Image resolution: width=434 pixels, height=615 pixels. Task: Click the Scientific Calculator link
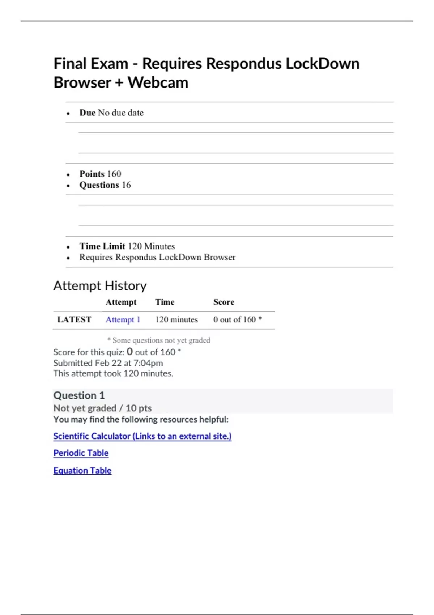[142, 436]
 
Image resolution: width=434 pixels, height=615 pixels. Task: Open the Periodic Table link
[81, 453]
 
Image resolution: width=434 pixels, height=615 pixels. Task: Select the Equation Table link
[82, 470]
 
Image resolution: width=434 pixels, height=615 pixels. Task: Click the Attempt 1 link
[123, 320]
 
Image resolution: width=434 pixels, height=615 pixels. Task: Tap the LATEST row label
[74, 320]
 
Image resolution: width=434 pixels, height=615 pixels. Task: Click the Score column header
[224, 302]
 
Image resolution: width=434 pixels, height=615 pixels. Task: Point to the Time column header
[165, 302]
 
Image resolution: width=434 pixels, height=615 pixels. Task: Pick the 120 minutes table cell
[176, 320]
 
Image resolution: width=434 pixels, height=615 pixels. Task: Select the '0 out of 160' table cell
[235, 320]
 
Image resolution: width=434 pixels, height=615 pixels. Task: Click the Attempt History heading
[100, 286]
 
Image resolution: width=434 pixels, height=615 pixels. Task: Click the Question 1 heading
[79, 395]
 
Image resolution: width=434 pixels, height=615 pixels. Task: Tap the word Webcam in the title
[158, 82]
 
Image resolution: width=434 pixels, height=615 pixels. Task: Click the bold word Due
[87, 113]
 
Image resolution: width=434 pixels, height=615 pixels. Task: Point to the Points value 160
[114, 174]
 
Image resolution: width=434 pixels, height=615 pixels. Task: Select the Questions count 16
[126, 185]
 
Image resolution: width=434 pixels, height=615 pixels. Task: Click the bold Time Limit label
[102, 246]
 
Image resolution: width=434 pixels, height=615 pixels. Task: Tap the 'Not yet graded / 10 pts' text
[102, 408]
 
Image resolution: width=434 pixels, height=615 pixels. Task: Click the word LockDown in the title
[323, 64]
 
